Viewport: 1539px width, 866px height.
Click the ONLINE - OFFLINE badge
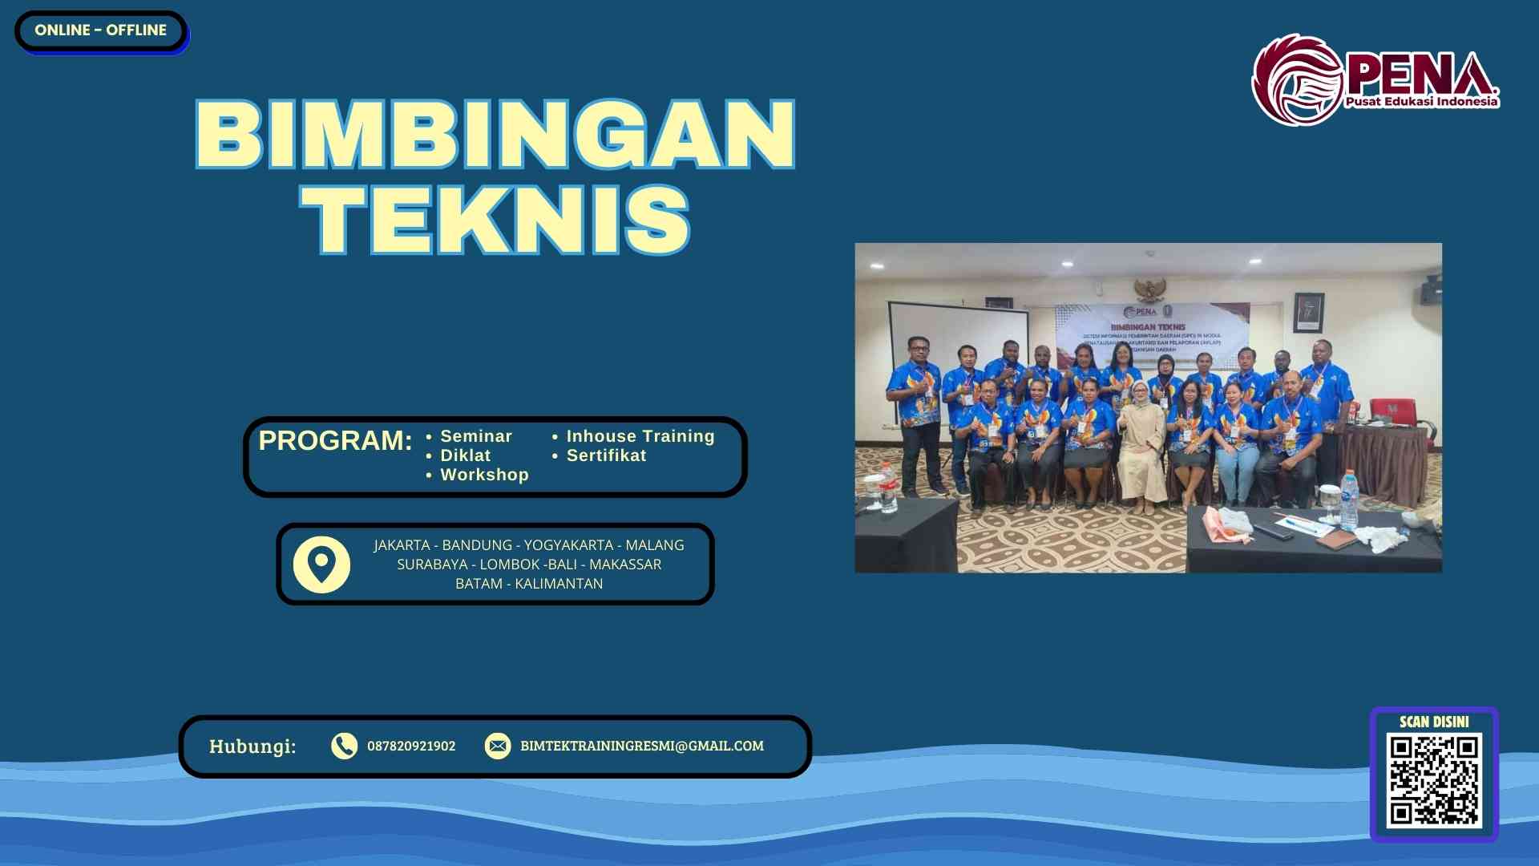pos(100,30)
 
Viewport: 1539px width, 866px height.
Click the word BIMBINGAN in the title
pos(495,134)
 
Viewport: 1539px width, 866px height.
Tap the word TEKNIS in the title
pos(495,220)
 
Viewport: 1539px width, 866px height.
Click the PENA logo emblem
pos(1297,80)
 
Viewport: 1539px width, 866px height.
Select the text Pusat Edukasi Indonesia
pos(1421,102)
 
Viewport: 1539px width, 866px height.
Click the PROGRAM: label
pos(335,440)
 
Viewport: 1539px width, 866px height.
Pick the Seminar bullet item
pos(475,436)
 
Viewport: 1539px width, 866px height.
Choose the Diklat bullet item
pos(465,455)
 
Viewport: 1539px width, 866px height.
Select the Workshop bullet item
pos(484,475)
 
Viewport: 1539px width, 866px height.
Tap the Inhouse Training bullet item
pos(640,436)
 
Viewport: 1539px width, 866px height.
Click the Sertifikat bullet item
pos(606,455)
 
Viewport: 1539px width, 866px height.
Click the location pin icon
pos(321,565)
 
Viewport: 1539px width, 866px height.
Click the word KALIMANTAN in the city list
pos(559,584)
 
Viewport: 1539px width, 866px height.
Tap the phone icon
pos(344,746)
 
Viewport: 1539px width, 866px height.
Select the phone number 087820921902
pos(411,746)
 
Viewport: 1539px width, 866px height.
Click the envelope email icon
pos(498,746)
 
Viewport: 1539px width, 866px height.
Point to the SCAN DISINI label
pos(1434,722)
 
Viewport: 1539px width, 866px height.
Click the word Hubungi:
pos(252,747)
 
